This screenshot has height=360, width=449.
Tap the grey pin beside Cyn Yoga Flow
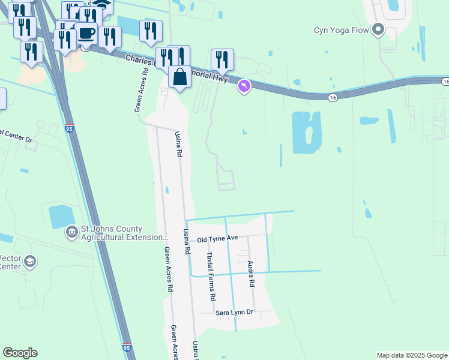pyautogui.click(x=378, y=29)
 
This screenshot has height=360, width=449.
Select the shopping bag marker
pyautogui.click(x=179, y=77)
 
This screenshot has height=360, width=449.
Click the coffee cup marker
pyautogui.click(x=86, y=33)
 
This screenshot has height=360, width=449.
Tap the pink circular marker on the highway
pyautogui.click(x=244, y=87)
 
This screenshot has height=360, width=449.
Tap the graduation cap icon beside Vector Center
pyautogui.click(x=30, y=262)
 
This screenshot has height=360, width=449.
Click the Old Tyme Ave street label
pyautogui.click(x=217, y=239)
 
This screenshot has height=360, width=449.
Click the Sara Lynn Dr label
pyautogui.click(x=235, y=313)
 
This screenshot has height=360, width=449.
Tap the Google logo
pyautogui.click(x=20, y=353)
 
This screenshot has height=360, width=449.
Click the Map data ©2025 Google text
pyautogui.click(x=411, y=355)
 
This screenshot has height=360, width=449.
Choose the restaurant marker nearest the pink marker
pyautogui.click(x=222, y=60)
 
